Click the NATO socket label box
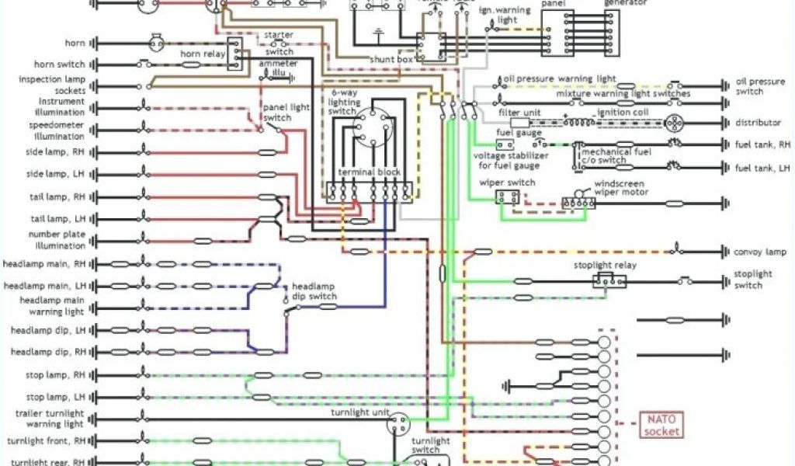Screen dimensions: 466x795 [x=662, y=425]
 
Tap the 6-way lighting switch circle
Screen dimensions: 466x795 [x=370, y=127]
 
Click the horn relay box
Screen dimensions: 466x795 [x=234, y=54]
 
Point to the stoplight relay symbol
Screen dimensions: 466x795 [x=610, y=280]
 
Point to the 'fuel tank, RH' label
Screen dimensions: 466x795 [x=762, y=144]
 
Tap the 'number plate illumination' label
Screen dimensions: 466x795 [x=57, y=240]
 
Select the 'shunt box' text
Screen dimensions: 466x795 [x=387, y=59]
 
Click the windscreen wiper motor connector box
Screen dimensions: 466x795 [x=578, y=203]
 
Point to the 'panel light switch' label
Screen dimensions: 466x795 [x=276, y=113]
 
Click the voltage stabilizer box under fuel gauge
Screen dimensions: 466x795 [x=505, y=144]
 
